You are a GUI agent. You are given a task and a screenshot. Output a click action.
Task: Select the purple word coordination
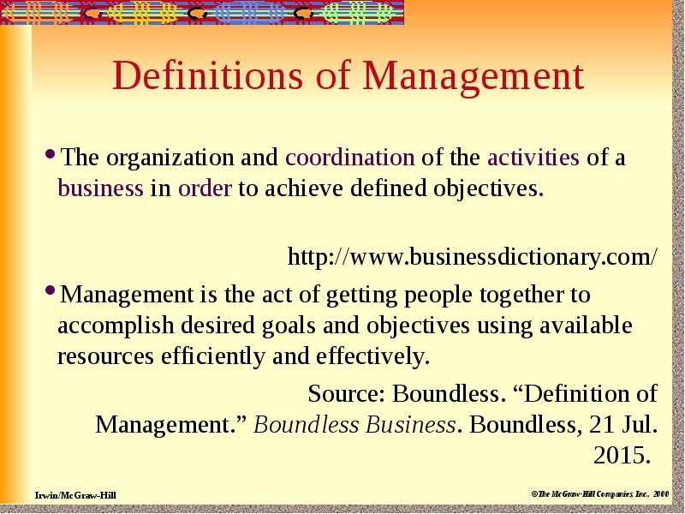coord(350,158)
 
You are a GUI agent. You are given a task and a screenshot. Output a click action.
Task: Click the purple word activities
coord(533,158)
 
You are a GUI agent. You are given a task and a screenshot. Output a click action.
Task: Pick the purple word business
coord(100,188)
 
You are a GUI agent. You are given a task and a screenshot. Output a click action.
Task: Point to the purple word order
coord(205,188)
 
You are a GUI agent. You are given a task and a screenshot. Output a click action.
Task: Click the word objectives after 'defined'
coord(488,188)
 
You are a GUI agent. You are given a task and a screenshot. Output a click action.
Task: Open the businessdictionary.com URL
coord(473,256)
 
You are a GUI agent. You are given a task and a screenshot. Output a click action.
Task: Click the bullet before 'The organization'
coord(51,156)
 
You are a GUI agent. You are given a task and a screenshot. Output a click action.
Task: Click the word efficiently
coord(211,356)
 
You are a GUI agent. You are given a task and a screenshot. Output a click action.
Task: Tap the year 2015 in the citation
coord(620,453)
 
